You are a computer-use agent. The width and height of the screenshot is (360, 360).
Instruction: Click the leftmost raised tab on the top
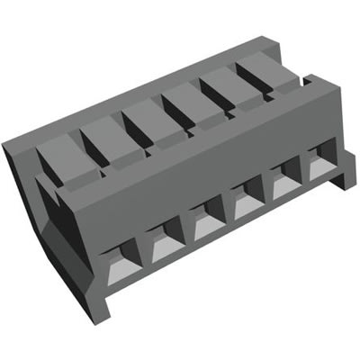click(65, 163)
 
